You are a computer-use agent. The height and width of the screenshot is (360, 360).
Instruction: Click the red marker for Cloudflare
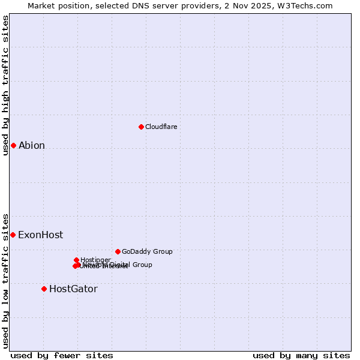click(x=141, y=127)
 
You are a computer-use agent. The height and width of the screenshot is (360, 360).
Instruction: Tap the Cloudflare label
click(x=161, y=127)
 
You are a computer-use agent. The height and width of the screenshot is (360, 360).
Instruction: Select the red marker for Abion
click(x=13, y=145)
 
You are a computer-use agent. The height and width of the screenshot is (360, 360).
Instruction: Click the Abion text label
click(x=32, y=145)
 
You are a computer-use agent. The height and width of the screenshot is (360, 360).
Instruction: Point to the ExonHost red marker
click(x=13, y=235)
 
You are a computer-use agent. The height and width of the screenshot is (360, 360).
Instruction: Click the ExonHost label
click(x=40, y=235)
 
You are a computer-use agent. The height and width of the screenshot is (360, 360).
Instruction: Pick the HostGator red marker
click(x=44, y=289)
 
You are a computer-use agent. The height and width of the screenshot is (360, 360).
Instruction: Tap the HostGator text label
click(x=73, y=289)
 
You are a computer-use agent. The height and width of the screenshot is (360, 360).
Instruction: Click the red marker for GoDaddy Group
click(x=118, y=251)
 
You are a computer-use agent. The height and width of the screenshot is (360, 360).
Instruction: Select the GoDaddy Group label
click(x=147, y=251)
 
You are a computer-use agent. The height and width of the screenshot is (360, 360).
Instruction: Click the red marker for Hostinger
click(x=76, y=260)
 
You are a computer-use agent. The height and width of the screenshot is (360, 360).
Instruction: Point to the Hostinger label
click(x=95, y=260)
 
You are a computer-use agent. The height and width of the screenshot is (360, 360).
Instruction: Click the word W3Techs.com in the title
click(x=305, y=5)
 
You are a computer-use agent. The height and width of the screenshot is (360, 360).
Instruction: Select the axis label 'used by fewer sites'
click(x=62, y=355)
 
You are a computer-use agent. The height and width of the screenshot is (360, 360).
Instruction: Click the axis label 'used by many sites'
click(x=301, y=355)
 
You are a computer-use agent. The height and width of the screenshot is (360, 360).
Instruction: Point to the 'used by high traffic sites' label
click(x=5, y=85)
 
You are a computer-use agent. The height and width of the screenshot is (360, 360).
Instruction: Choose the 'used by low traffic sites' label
click(x=5, y=280)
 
